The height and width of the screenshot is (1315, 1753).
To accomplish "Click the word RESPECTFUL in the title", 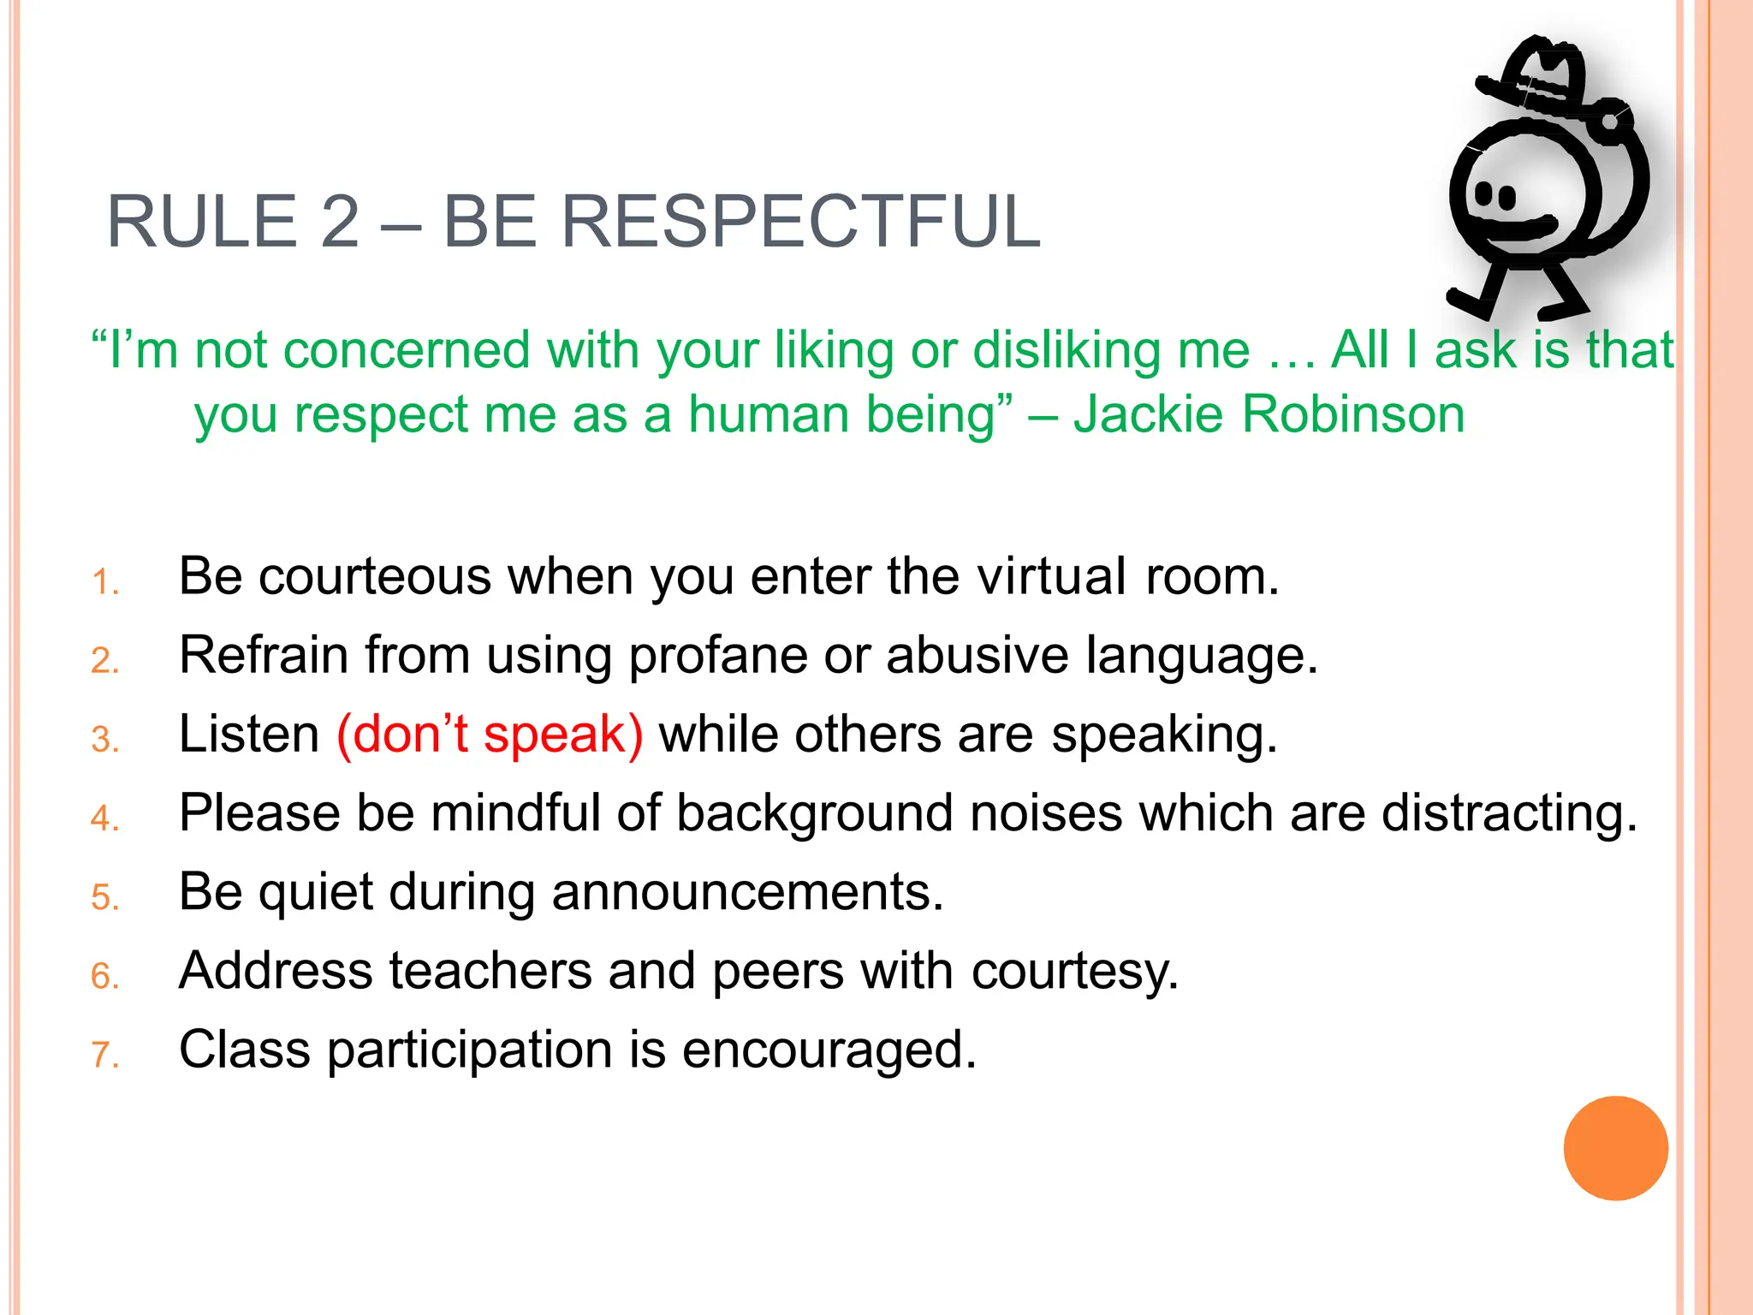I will coord(800,222).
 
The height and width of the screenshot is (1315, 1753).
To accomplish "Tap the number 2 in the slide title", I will coord(340,222).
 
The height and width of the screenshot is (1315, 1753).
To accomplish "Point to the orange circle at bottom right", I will coord(1615,1148).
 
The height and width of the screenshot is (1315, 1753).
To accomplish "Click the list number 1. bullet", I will coord(104,583).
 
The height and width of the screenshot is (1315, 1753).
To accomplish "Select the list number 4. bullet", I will coord(104,819).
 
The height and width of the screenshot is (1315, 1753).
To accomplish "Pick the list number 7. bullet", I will coord(104,1056).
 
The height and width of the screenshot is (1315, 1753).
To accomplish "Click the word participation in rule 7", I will coord(469,1050).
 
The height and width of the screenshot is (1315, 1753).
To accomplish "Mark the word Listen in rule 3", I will coord(248,735).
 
